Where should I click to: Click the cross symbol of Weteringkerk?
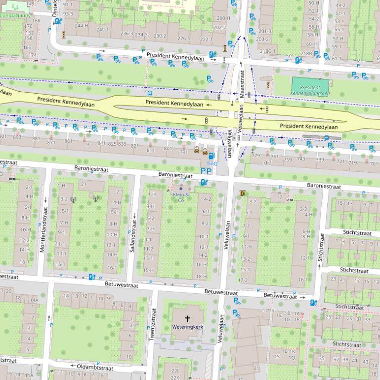[x=187, y=319]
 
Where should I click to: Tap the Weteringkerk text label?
[x=187, y=327]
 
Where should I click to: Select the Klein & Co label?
[x=181, y=197]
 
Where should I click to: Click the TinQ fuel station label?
[x=211, y=163]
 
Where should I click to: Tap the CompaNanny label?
[x=15, y=15]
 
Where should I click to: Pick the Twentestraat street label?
[x=153, y=324]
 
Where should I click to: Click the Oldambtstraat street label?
[x=94, y=368]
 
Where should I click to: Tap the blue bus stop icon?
[x=149, y=92]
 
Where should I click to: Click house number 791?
[x=183, y=152]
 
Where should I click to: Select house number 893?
[x=17, y=137]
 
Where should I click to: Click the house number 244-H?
[x=82, y=25]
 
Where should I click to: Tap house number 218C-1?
[x=268, y=51]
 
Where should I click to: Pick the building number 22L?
[x=175, y=370]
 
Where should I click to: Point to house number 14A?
[x=34, y=300]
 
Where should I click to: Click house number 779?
[x=255, y=155]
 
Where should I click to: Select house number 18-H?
[x=202, y=276]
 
